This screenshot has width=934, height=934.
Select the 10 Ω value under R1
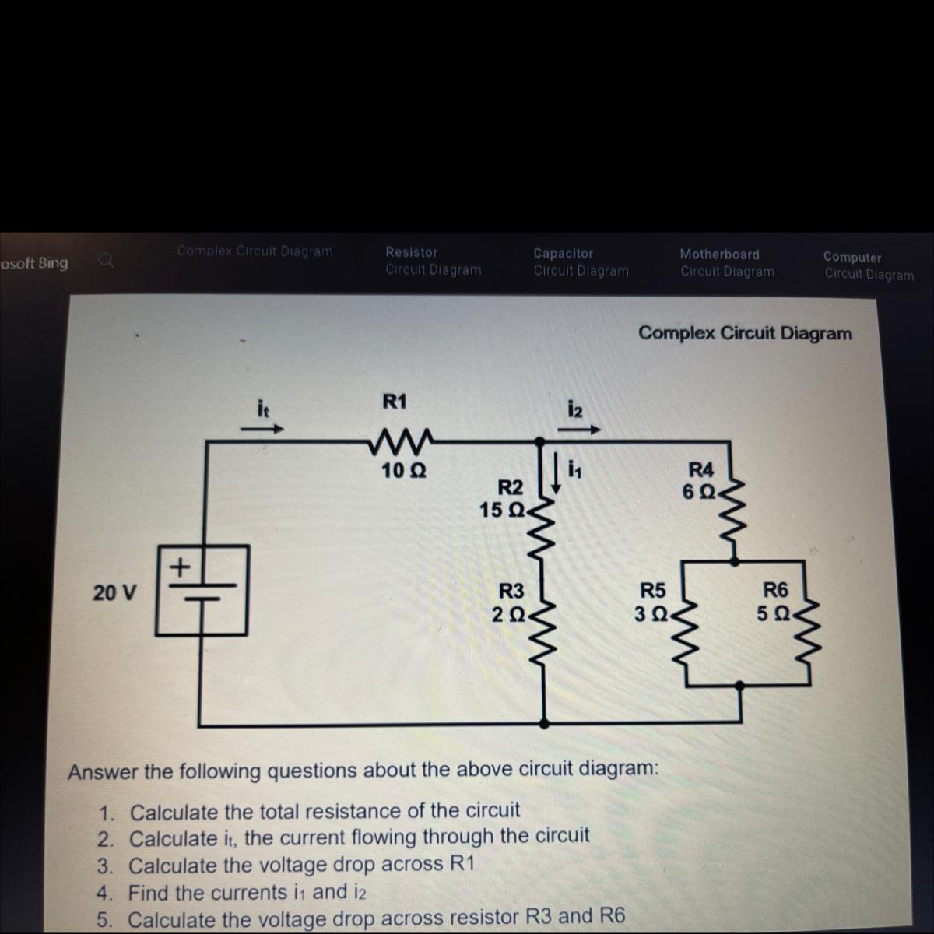pos(403,471)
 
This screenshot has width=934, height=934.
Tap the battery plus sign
pos(180,566)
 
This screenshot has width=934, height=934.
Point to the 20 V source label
pos(114,593)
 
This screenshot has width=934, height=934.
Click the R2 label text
pos(511,488)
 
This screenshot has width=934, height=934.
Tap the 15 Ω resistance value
pos(501,511)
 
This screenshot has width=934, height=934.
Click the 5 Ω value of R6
pos(773,613)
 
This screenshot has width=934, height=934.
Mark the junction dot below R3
pos(543,723)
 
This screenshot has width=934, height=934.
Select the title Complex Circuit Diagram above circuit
pos(745,333)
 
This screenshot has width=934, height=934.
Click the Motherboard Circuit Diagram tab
pos(727,263)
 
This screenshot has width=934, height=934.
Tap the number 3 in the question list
pos(105,866)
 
